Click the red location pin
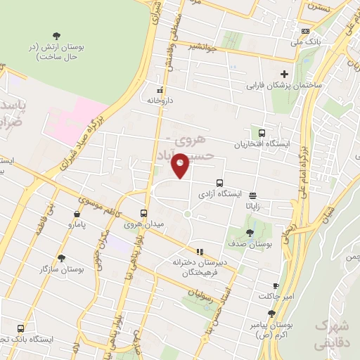coord(180,165)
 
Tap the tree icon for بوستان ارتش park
coord(56,36)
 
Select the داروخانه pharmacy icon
coord(160,90)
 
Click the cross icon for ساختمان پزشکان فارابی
coord(284,74)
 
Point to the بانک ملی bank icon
coord(304,31)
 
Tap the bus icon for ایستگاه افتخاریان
coord(262,133)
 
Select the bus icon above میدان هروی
coord(144,213)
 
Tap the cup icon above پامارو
coord(76,214)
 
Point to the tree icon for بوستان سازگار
coord(61,258)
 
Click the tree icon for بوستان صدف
coord(250,233)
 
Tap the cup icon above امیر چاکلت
coord(276,285)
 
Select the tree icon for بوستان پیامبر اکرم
coord(271,314)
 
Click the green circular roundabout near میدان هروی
coord(188,214)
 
